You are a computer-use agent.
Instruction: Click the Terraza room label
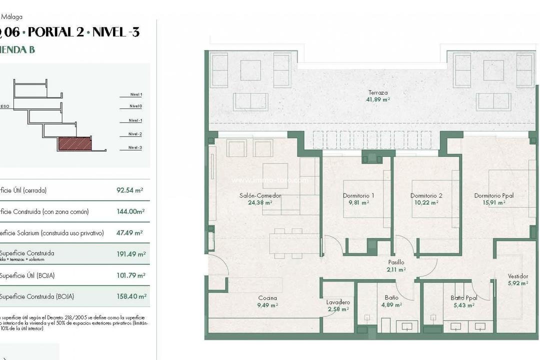pos(377,92)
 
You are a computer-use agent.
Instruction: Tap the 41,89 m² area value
pos(377,99)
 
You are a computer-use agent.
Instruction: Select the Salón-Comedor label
pos(260,195)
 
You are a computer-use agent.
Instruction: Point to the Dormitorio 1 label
pos(358,195)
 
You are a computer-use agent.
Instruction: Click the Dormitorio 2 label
pos(426,195)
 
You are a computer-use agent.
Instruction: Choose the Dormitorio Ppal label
pos(493,195)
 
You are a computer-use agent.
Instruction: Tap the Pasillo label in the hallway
pos(396,262)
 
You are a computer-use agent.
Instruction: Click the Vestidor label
pos(517,276)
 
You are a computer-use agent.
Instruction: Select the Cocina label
pos(267,298)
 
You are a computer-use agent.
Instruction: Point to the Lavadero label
pos(338,302)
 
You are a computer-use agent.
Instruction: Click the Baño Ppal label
pos(463,298)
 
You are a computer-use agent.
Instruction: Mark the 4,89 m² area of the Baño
pos(391,304)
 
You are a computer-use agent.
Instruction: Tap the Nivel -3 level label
pos(135,147)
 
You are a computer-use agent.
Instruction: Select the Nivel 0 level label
pos(135,106)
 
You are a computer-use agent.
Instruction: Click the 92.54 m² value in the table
pos(129,190)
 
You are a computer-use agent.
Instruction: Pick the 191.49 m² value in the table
pos(131,254)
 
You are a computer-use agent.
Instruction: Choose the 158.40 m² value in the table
pos(131,296)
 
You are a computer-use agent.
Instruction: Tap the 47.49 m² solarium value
pos(129,233)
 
